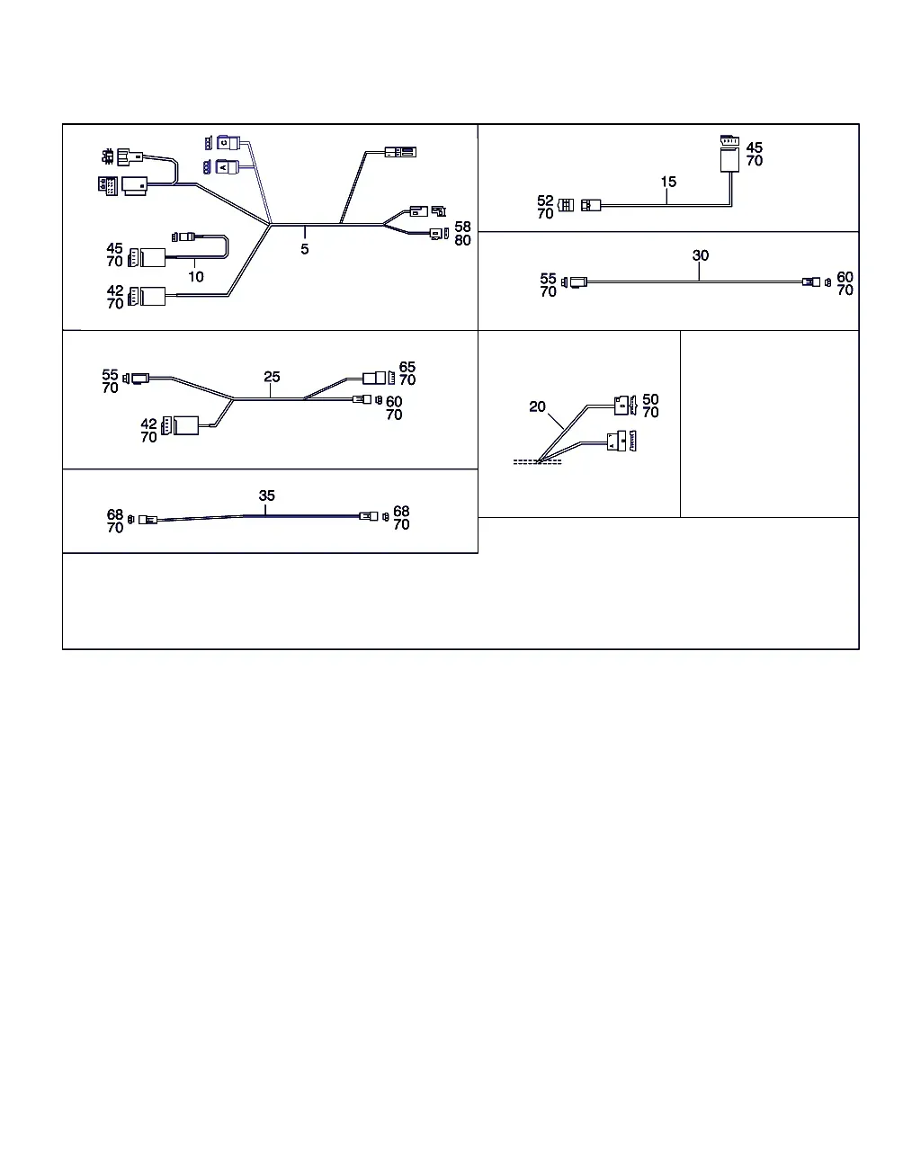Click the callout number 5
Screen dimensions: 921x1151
point(305,249)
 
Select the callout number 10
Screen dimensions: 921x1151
point(196,277)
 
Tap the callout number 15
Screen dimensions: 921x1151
point(668,182)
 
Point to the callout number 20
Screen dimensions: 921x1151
point(537,406)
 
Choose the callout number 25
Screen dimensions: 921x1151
point(272,377)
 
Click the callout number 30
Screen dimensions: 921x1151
point(701,255)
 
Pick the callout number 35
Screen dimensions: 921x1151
point(267,495)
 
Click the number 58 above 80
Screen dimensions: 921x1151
point(463,227)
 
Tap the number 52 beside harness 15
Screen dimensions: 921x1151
point(545,201)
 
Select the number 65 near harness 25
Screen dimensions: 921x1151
point(407,367)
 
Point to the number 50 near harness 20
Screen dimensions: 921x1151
point(651,399)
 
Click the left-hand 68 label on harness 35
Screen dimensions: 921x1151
point(115,514)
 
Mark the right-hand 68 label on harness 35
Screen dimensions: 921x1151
point(401,512)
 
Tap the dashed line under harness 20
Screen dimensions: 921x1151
point(537,462)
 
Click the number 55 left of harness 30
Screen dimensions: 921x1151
point(548,279)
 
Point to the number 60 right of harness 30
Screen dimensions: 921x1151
point(845,277)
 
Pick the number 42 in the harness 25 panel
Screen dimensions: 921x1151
point(148,424)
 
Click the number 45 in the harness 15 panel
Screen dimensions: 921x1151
point(755,147)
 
